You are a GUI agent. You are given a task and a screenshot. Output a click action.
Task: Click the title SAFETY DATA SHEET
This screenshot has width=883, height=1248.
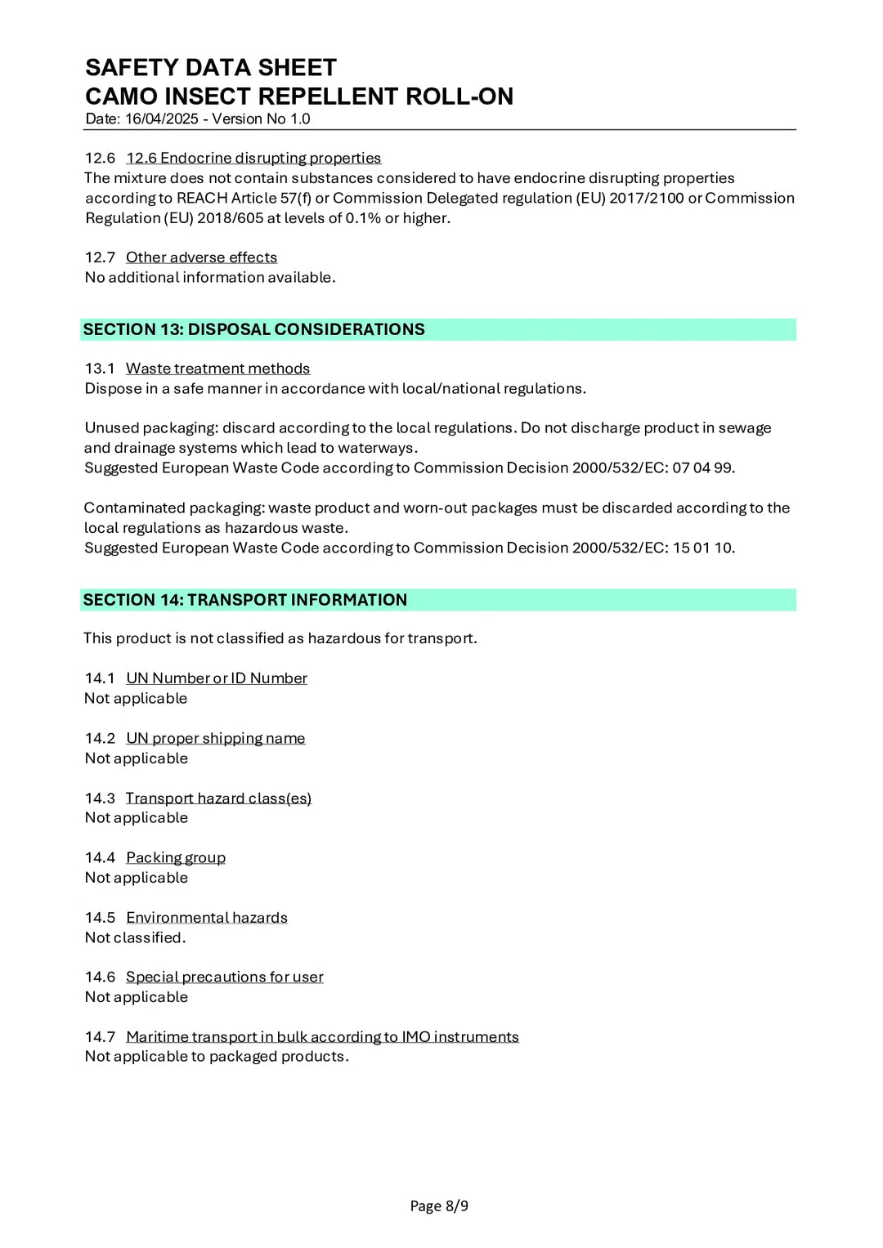tap(211, 67)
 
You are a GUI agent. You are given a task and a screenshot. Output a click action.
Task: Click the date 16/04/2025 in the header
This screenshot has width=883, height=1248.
tap(162, 119)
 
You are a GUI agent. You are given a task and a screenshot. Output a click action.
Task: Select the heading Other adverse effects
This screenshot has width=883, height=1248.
tap(201, 257)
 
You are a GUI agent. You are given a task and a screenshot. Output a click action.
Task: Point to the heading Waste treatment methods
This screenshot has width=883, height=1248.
tap(217, 369)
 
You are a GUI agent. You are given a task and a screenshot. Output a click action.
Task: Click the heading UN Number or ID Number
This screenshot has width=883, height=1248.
tap(217, 678)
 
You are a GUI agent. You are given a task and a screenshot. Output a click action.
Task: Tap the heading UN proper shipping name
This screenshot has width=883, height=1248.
tap(215, 738)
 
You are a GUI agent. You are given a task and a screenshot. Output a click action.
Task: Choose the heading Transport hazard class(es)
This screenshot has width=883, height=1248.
tap(218, 798)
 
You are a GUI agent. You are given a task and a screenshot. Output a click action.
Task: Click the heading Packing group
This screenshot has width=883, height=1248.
tap(176, 857)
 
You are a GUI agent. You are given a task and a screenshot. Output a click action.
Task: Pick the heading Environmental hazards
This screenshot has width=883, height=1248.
tap(207, 918)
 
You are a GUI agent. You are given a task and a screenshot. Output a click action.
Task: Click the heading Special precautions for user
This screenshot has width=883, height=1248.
tap(225, 977)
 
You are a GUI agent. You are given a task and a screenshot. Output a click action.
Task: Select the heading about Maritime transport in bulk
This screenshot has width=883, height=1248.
tap(322, 1036)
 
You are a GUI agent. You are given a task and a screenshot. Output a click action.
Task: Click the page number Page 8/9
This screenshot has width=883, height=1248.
tap(439, 1206)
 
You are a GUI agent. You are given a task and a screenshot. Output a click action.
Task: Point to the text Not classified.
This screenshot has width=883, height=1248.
tap(135, 937)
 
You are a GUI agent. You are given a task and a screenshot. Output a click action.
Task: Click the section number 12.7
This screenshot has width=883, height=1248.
tap(100, 257)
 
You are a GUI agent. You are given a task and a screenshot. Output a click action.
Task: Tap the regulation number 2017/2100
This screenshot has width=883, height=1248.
tap(646, 199)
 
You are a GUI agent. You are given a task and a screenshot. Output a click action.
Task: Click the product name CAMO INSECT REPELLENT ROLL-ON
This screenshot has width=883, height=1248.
tap(299, 96)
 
